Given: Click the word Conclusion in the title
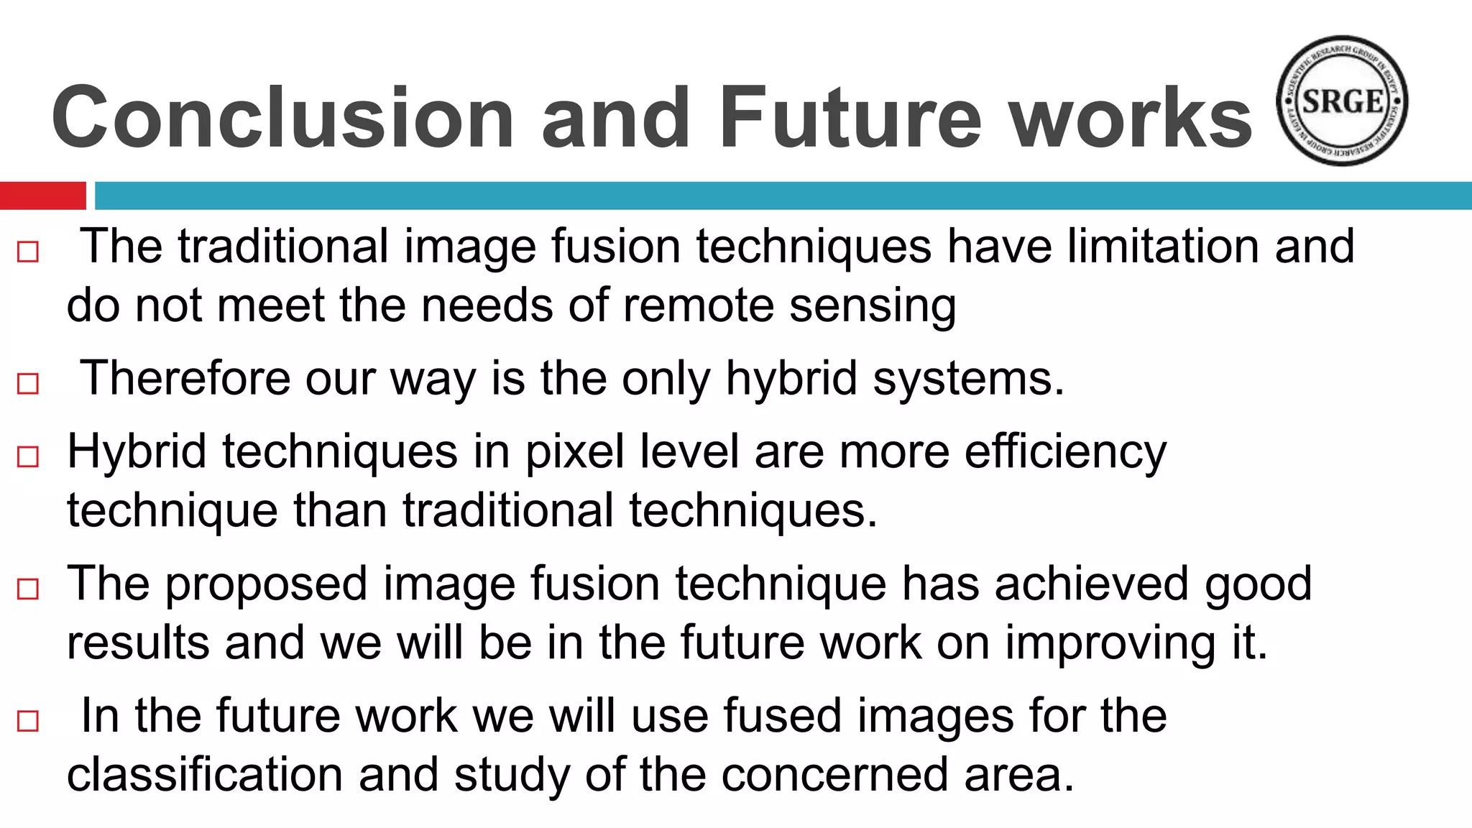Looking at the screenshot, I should click(282, 117).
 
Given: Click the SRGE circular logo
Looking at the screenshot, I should click(1341, 101).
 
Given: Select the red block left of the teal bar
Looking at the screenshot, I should click(42, 195).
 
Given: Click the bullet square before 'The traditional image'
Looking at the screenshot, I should click(28, 252).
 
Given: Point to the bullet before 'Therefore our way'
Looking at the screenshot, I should click(28, 383).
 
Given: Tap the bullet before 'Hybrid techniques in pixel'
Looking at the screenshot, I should click(28, 456).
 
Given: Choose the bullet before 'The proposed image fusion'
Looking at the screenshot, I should click(28, 589).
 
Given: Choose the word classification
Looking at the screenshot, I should click(205, 775).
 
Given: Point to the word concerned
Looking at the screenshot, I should click(834, 775).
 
